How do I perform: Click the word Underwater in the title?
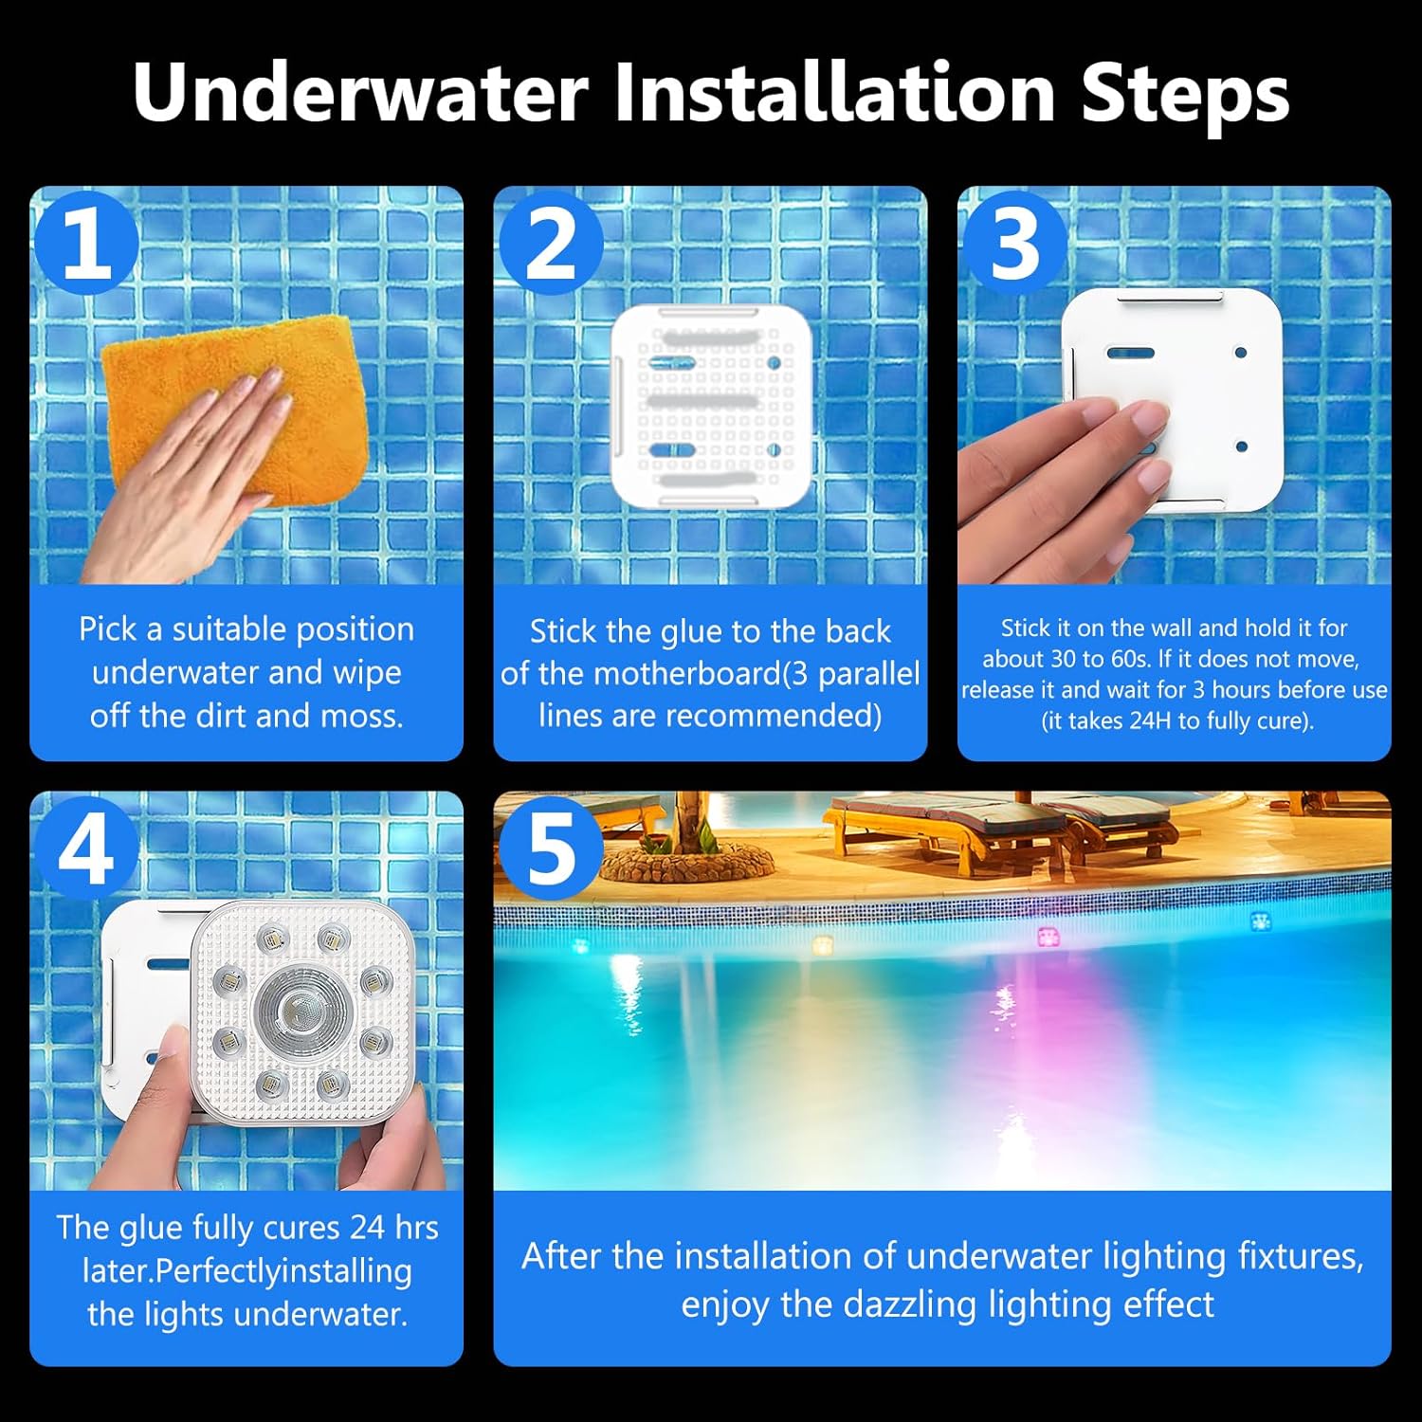pos(360,93)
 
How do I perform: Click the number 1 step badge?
pos(87,243)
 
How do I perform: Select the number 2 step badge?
pos(551,243)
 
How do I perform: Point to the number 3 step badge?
pos(1015,243)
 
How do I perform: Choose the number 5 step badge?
pos(551,847)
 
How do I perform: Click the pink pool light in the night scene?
pos(1048,937)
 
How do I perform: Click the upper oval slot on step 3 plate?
pos(1131,353)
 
